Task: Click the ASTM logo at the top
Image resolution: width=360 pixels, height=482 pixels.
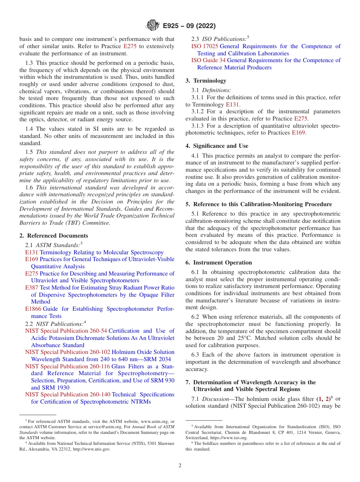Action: (x=153, y=26)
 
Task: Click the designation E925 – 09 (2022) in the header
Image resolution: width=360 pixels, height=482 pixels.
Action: (x=189, y=26)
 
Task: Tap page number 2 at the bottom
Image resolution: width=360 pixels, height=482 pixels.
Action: (x=180, y=466)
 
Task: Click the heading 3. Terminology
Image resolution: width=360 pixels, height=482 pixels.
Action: (x=206, y=81)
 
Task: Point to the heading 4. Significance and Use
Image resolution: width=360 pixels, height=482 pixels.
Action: (x=217, y=146)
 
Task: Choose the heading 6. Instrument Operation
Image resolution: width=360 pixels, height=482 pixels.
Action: (x=219, y=263)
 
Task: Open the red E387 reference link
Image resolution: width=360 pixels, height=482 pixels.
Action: (x=31, y=288)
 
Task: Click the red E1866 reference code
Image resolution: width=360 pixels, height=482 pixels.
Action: (x=33, y=309)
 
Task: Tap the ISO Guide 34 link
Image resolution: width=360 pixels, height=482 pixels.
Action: (x=208, y=60)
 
